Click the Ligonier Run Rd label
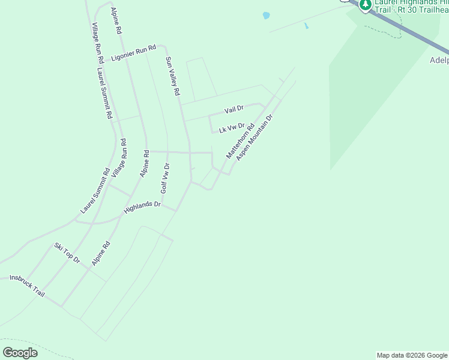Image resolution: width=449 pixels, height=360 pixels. coord(133,53)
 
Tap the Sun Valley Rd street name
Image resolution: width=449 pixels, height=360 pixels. coord(172,76)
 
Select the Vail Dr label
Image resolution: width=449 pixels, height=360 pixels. coord(234,109)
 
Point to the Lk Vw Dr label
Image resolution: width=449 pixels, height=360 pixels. coord(232,128)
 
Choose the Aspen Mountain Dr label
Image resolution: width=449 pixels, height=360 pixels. coord(255,137)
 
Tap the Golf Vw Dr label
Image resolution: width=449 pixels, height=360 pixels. coord(165,178)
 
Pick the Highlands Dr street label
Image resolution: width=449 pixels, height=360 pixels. coord(142,208)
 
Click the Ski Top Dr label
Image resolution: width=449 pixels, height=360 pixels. coord(67,253)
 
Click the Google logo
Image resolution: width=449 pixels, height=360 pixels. coord(20,353)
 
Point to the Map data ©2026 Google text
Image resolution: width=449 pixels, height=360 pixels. coord(412,355)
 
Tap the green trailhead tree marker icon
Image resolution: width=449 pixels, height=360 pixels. coord(364,5)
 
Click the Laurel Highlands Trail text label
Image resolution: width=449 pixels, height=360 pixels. coord(411,7)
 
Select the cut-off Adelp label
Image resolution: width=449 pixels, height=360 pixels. coord(439,60)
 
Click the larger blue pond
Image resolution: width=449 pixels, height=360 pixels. coord(265,16)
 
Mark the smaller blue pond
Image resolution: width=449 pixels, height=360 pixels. coord(306,26)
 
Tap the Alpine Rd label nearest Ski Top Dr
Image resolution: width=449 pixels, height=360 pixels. coord(101,254)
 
